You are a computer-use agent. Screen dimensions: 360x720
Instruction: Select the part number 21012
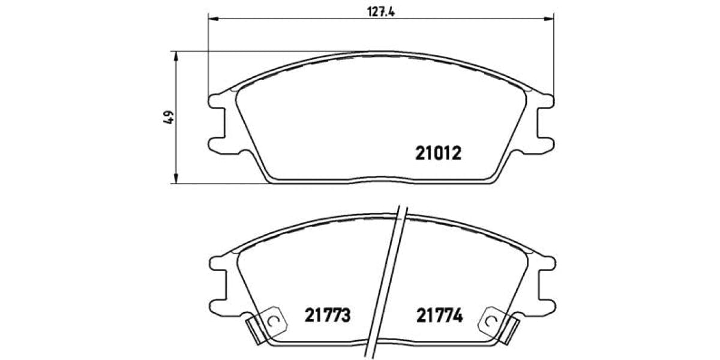(x=438, y=154)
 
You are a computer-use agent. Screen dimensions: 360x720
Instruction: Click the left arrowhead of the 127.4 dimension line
(x=212, y=19)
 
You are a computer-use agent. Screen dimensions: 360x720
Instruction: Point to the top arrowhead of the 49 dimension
(x=176, y=56)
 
